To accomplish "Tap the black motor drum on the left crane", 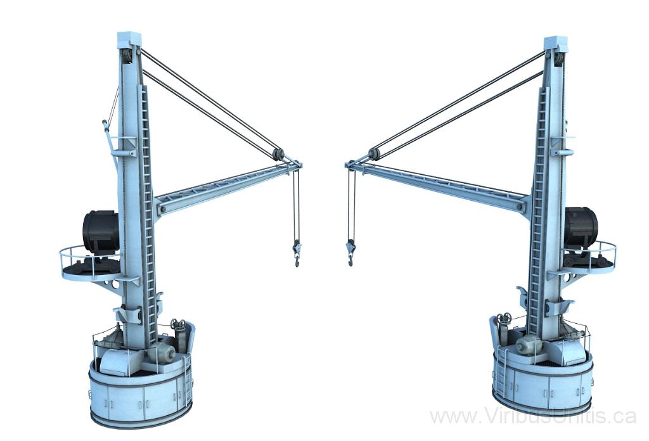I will coord(101,232).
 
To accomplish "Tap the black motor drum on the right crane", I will coord(580,227).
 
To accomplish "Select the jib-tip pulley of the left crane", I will coord(278,154).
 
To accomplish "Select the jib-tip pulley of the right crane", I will coord(373,153).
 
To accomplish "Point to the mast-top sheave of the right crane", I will coord(558,59).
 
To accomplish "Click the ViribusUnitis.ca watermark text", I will coord(532,416).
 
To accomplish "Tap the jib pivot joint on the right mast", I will coord(522,205).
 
